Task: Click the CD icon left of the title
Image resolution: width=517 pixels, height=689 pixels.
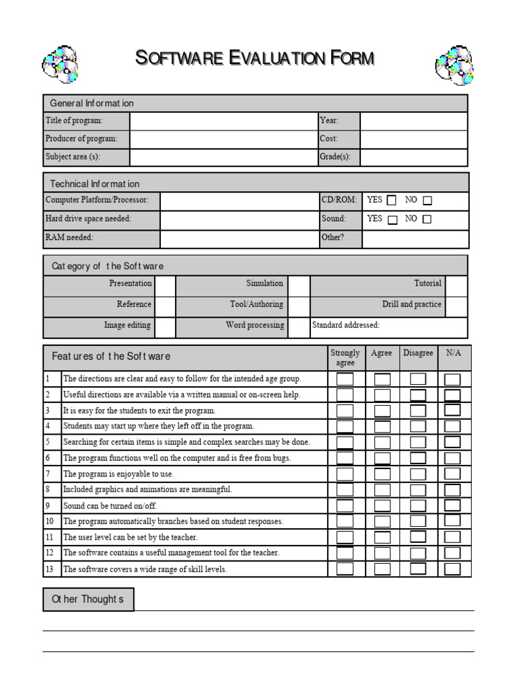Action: click(x=61, y=65)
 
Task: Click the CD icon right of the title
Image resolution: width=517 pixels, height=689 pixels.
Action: click(x=454, y=65)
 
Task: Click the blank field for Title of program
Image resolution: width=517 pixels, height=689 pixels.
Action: click(x=223, y=121)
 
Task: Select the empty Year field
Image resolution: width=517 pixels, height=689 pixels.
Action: click(x=413, y=121)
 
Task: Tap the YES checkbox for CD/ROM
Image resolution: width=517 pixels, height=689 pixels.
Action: click(x=391, y=201)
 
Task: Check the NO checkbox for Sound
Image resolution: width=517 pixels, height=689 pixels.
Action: click(x=427, y=219)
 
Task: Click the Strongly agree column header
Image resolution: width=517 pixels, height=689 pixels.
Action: click(x=345, y=357)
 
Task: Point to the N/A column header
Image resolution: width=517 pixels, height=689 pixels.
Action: click(x=454, y=353)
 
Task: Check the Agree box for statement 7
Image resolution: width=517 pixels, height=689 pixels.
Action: click(x=382, y=474)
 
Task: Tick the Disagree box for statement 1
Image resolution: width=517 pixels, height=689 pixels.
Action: click(x=418, y=379)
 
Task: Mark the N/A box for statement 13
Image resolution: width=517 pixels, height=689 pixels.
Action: click(x=452, y=569)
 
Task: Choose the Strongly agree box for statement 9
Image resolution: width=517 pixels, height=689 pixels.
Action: click(x=345, y=505)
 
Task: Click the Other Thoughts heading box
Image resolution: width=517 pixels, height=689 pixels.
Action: click(x=88, y=599)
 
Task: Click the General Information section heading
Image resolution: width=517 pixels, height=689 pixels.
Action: click(x=92, y=103)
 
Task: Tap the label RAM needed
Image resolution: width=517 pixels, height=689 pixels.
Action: click(x=69, y=238)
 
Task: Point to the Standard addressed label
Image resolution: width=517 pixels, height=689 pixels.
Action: click(x=346, y=326)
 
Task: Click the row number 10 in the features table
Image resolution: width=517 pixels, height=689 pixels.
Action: click(x=50, y=521)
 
